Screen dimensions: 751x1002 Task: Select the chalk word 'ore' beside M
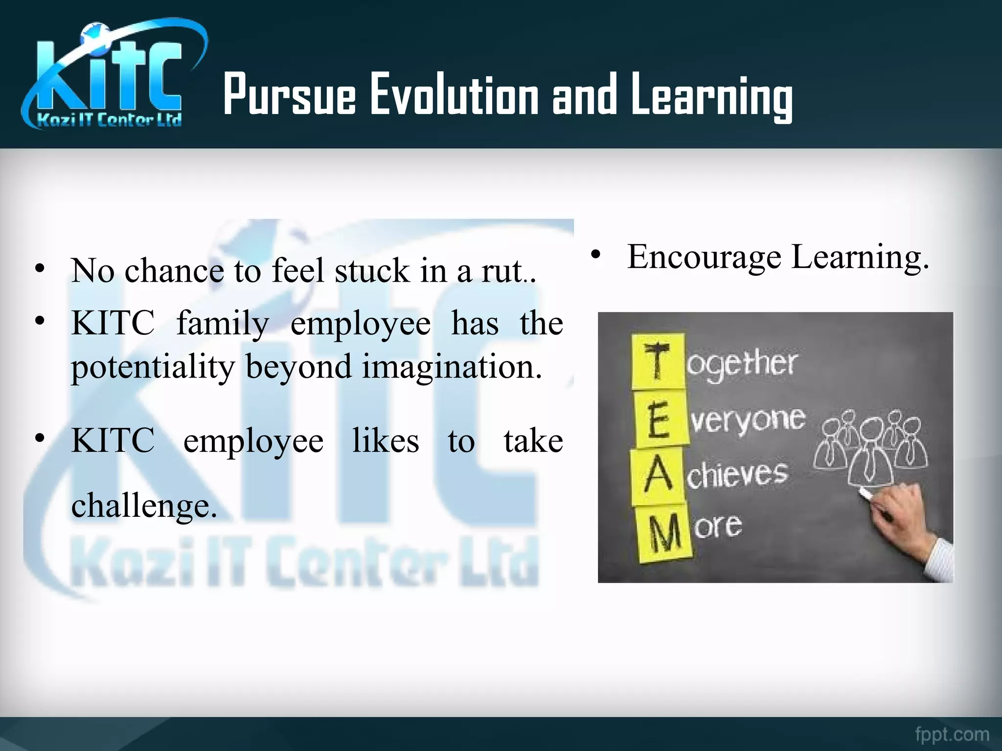[718, 526]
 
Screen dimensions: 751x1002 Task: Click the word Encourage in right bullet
[705, 257]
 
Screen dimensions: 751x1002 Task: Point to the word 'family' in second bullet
[223, 324]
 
